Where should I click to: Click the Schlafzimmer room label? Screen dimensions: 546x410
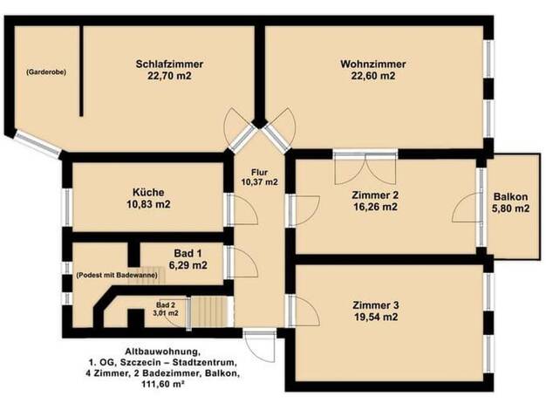169,64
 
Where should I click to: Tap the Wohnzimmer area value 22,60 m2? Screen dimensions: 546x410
373,76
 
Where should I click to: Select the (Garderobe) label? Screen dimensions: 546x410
46,72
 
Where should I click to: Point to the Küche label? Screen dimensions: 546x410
148,192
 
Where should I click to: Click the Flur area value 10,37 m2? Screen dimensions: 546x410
260,181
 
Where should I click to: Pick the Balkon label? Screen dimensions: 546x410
510,197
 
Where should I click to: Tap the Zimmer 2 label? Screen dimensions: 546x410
375,195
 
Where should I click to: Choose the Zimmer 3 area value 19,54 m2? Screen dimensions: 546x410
375,317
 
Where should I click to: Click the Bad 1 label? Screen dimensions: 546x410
188,253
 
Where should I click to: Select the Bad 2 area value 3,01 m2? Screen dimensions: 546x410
166,313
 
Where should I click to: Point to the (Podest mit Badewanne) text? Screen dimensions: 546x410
117,275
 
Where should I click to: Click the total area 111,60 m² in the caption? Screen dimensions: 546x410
162,384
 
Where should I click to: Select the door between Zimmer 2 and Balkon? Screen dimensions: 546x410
468,208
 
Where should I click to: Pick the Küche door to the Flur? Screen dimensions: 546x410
242,209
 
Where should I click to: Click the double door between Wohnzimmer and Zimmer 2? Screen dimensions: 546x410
365,168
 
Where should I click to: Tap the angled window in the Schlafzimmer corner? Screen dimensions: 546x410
38,143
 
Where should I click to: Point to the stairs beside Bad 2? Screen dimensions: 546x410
209,311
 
